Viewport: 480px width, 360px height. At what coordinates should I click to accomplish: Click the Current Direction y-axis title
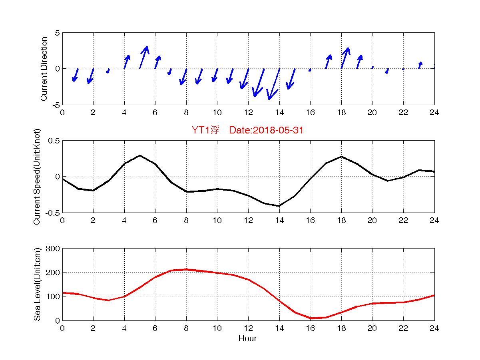coord(44,69)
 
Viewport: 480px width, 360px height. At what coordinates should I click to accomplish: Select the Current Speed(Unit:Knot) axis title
coord(38,177)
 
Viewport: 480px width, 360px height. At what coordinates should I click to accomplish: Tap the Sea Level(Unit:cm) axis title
coord(38,284)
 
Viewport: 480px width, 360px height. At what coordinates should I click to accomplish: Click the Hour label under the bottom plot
coord(248,339)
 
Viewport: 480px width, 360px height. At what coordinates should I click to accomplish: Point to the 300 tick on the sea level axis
coord(53,249)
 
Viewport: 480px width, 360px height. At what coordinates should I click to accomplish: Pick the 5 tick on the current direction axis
coord(57,33)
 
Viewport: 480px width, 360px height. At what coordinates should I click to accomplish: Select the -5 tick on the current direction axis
coord(56,105)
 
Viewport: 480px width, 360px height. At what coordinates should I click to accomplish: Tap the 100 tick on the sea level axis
coord(53,296)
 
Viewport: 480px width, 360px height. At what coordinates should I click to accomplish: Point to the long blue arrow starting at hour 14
coord(274,84)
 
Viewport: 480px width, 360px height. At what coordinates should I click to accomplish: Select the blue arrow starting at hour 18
coord(345,58)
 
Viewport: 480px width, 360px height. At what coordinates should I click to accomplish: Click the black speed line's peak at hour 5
coord(140,155)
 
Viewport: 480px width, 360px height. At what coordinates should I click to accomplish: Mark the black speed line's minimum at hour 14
coord(279,206)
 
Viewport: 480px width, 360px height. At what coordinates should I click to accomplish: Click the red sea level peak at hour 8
coord(186,269)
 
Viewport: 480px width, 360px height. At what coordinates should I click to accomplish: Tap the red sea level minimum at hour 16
coord(311,318)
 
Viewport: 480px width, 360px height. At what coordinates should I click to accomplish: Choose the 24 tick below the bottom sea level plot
coord(434,328)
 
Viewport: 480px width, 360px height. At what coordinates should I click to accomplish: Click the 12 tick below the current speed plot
coord(248,221)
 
